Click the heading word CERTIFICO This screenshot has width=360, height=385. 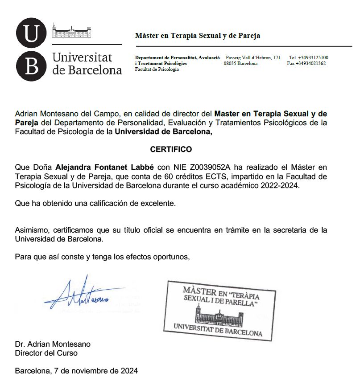[171, 149]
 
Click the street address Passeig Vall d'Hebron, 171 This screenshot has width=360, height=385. [253, 57]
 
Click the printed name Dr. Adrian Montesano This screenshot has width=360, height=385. [53, 344]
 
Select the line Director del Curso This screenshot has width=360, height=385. [46, 353]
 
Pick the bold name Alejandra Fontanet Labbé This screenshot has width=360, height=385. [105, 168]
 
